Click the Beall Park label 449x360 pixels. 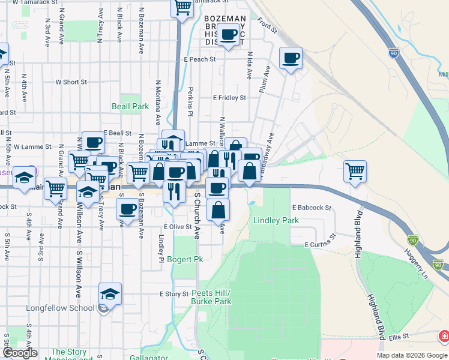coord(130,106)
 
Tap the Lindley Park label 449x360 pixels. coord(276,220)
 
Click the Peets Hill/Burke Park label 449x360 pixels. coord(211,296)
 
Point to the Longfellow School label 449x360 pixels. coord(61,308)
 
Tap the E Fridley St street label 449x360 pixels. coord(229,98)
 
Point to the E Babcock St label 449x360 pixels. coord(312,208)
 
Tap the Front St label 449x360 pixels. coord(267,25)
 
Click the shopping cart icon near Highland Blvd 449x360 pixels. coord(355,171)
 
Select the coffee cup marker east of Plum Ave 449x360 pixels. coord(291,58)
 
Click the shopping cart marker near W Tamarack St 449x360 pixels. coord(182,8)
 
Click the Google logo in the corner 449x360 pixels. coord(20,353)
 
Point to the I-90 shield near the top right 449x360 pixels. coord(394,52)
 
